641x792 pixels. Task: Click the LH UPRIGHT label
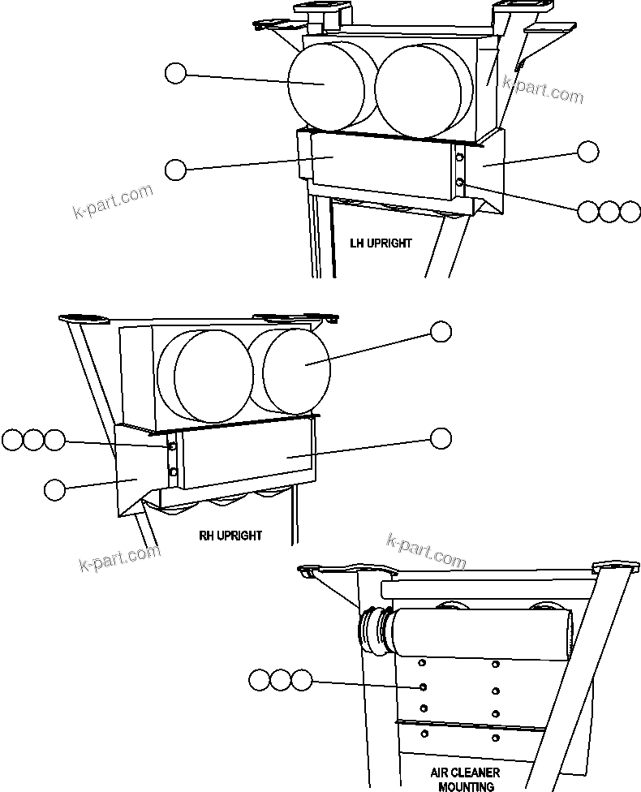click(381, 243)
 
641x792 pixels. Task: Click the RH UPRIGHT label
click(230, 536)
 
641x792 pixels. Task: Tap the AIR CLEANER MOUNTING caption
click(465, 779)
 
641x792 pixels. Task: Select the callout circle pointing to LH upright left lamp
click(175, 74)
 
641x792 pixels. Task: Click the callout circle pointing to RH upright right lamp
click(441, 331)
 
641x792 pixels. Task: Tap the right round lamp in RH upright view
click(295, 370)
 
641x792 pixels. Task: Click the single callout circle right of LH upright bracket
click(587, 151)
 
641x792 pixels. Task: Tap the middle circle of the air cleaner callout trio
click(280, 680)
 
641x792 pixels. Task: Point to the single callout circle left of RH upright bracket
click(54, 489)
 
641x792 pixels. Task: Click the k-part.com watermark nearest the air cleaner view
click(427, 552)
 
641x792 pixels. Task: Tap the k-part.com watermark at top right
click(542, 89)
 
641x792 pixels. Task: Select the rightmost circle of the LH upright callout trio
click(630, 212)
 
